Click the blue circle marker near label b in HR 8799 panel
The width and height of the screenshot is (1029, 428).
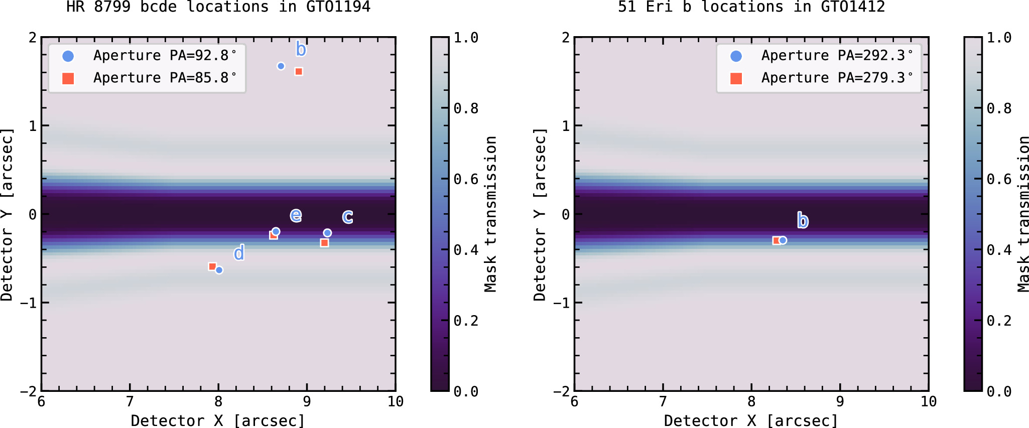coord(281,66)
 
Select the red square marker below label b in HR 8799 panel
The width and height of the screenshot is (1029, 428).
coord(299,72)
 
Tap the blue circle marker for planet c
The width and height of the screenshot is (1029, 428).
coord(327,233)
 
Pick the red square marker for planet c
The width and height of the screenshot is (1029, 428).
coord(324,243)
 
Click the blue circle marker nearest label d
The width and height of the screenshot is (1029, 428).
coord(219,270)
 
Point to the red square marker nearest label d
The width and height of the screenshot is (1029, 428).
coord(212,267)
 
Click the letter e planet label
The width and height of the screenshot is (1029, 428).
coord(296,215)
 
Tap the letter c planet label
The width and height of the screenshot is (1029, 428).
coord(347,217)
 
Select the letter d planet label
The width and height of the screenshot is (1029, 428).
coord(239,252)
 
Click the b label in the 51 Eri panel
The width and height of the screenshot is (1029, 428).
coord(803,220)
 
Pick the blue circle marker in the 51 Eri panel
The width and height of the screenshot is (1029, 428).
coord(783,240)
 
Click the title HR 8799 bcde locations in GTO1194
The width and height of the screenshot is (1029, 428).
coord(218,7)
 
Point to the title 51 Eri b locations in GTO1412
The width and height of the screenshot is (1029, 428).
coord(751,7)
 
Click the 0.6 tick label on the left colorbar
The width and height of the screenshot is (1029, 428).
coord(466,179)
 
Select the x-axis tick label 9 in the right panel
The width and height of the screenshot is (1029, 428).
coord(840,401)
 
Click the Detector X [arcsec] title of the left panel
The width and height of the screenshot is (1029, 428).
coord(218,420)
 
